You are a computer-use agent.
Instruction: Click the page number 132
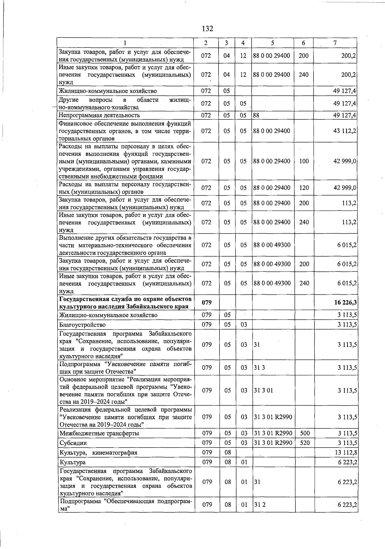[x=207, y=29]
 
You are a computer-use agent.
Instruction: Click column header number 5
[x=272, y=43]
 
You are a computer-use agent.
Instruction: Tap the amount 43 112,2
[x=345, y=131]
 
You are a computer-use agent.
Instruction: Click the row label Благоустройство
[x=82, y=325]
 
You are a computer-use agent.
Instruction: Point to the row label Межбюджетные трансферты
[x=99, y=433]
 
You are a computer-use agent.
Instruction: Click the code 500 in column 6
[x=304, y=433]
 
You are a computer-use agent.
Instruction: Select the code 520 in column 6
[x=304, y=443]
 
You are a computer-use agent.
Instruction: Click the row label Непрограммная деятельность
[x=99, y=115]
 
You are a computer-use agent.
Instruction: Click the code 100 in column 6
[x=304, y=161]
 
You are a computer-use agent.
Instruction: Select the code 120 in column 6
[x=304, y=188]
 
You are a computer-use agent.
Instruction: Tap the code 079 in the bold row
[x=207, y=303]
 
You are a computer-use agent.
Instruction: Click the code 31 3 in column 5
[x=259, y=368]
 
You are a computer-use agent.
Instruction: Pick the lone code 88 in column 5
[x=256, y=115]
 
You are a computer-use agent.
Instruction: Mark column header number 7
[x=335, y=43]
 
